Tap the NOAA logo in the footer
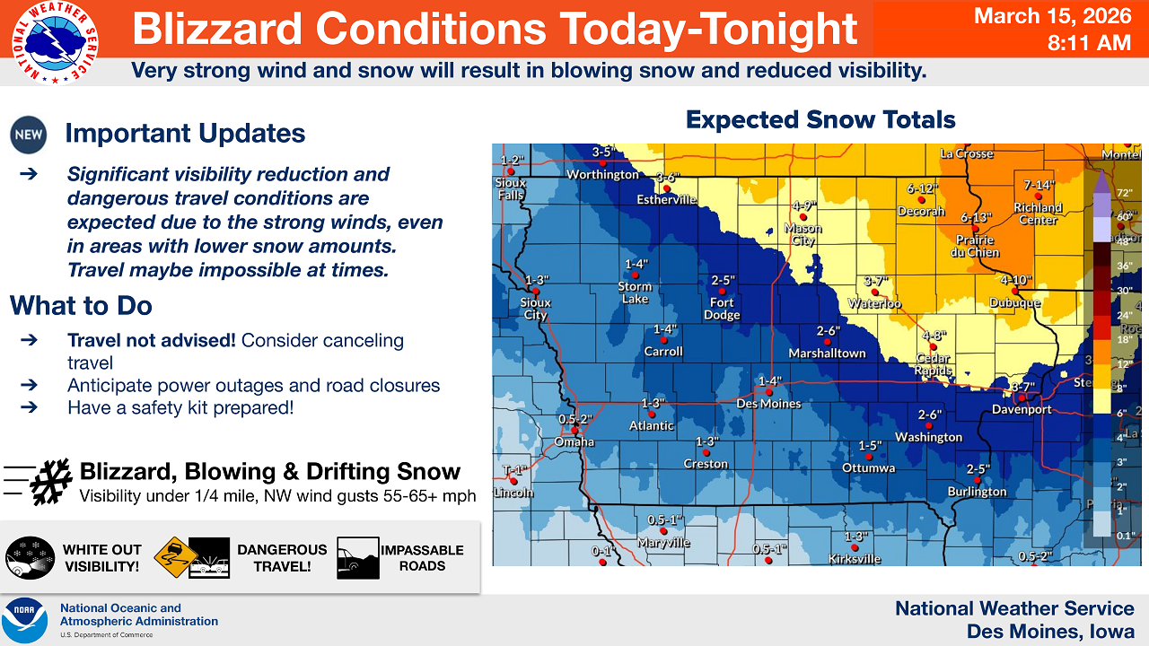pos(24,619)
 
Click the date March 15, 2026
pos(1052,16)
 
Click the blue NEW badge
pos(28,135)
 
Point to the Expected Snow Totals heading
pos(820,119)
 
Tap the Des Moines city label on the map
pos(768,403)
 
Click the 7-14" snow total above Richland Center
pos(1038,186)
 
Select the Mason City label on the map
pos(803,234)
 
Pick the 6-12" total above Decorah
pos(922,188)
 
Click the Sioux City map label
pos(535,309)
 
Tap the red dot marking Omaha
pos(574,431)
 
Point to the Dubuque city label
pos(1014,303)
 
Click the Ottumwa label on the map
pos(868,467)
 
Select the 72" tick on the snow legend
pos(1123,193)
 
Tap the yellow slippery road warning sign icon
pos(175,558)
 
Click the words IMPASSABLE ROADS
pos(422,558)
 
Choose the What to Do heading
pos(82,305)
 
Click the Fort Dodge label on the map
pos(722,309)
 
